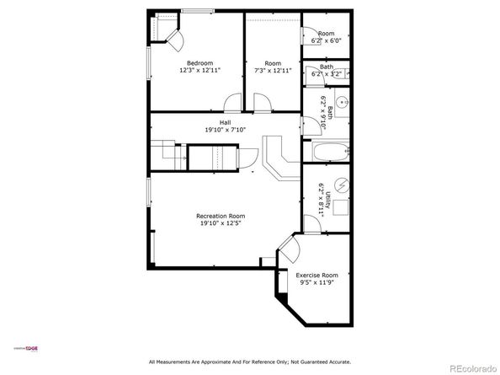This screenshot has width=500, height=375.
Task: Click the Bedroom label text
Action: pyautogui.click(x=199, y=63)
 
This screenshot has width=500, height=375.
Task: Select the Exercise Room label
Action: pyautogui.click(x=316, y=276)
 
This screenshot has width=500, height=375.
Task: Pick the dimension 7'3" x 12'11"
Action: pyautogui.click(x=273, y=71)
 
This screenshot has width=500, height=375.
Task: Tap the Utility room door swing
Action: pyautogui.click(x=311, y=221)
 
